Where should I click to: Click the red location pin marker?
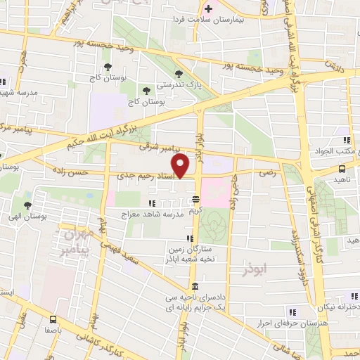(x=181, y=167)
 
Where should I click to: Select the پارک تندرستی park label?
(x=173, y=84)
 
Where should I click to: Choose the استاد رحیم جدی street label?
(x=146, y=184)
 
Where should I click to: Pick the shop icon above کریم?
(x=195, y=199)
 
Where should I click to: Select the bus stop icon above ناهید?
(x=342, y=169)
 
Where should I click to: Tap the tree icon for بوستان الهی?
(x=27, y=205)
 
